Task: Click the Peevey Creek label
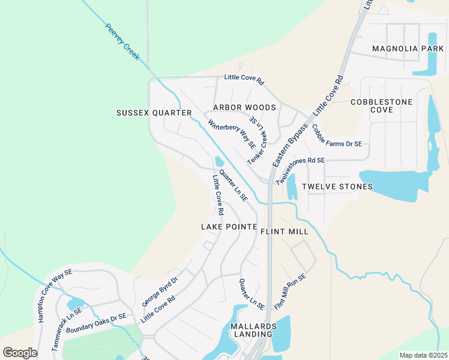pos(122,42)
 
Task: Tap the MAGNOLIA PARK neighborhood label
pos(399,48)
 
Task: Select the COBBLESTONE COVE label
pos(381,106)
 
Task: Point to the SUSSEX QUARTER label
pos(154,113)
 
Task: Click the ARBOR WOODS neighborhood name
pos(244,107)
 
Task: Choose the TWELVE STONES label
pos(337,187)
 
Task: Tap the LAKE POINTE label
pos(229,227)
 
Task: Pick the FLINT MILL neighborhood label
pos(285,231)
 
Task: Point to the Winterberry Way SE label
pos(232,134)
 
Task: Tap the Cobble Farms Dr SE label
pos(337,136)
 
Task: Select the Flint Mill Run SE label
pos(290,292)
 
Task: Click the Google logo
pos(20,352)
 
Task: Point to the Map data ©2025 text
pos(423,355)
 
